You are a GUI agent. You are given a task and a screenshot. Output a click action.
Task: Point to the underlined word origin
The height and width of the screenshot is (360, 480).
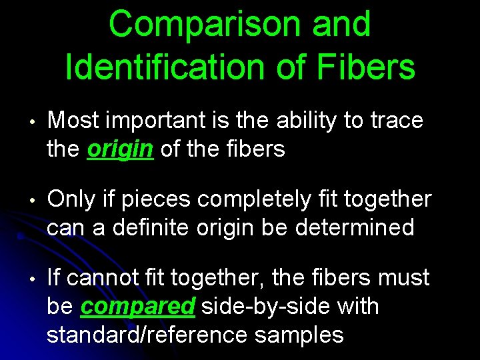click(x=121, y=149)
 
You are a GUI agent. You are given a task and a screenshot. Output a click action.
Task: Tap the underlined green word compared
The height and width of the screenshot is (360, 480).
click(x=137, y=307)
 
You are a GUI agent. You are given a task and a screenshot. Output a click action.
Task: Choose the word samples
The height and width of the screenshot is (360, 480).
click(x=299, y=335)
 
